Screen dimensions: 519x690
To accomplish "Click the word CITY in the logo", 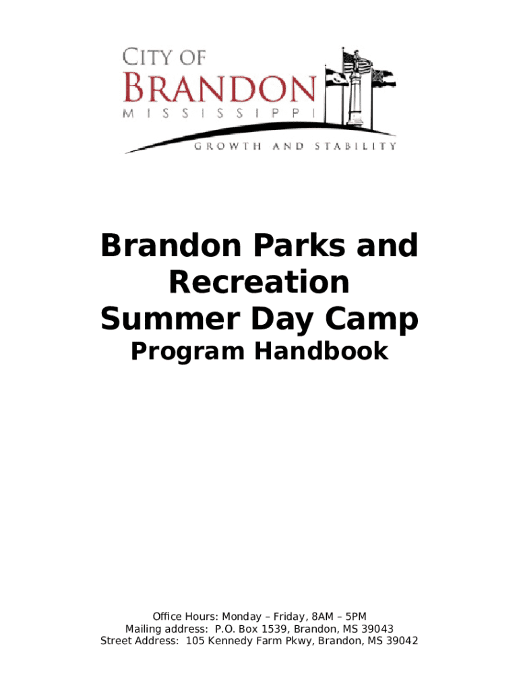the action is [x=147, y=57].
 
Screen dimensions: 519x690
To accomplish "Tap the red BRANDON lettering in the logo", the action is [x=220, y=88].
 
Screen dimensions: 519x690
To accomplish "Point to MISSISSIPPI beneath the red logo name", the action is [x=220, y=113].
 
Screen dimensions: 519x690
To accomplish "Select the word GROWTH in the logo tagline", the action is [x=228, y=146].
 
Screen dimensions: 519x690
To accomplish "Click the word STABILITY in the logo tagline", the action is [x=355, y=146].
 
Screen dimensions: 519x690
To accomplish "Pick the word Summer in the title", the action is [x=171, y=319].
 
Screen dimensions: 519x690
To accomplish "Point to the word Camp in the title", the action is [x=371, y=319].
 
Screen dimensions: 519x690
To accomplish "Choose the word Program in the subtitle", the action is [x=188, y=352].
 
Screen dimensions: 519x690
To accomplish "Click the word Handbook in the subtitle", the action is [x=322, y=351].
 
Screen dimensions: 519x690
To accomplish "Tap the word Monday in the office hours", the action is [x=242, y=617].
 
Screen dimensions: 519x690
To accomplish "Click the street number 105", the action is [x=195, y=641].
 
